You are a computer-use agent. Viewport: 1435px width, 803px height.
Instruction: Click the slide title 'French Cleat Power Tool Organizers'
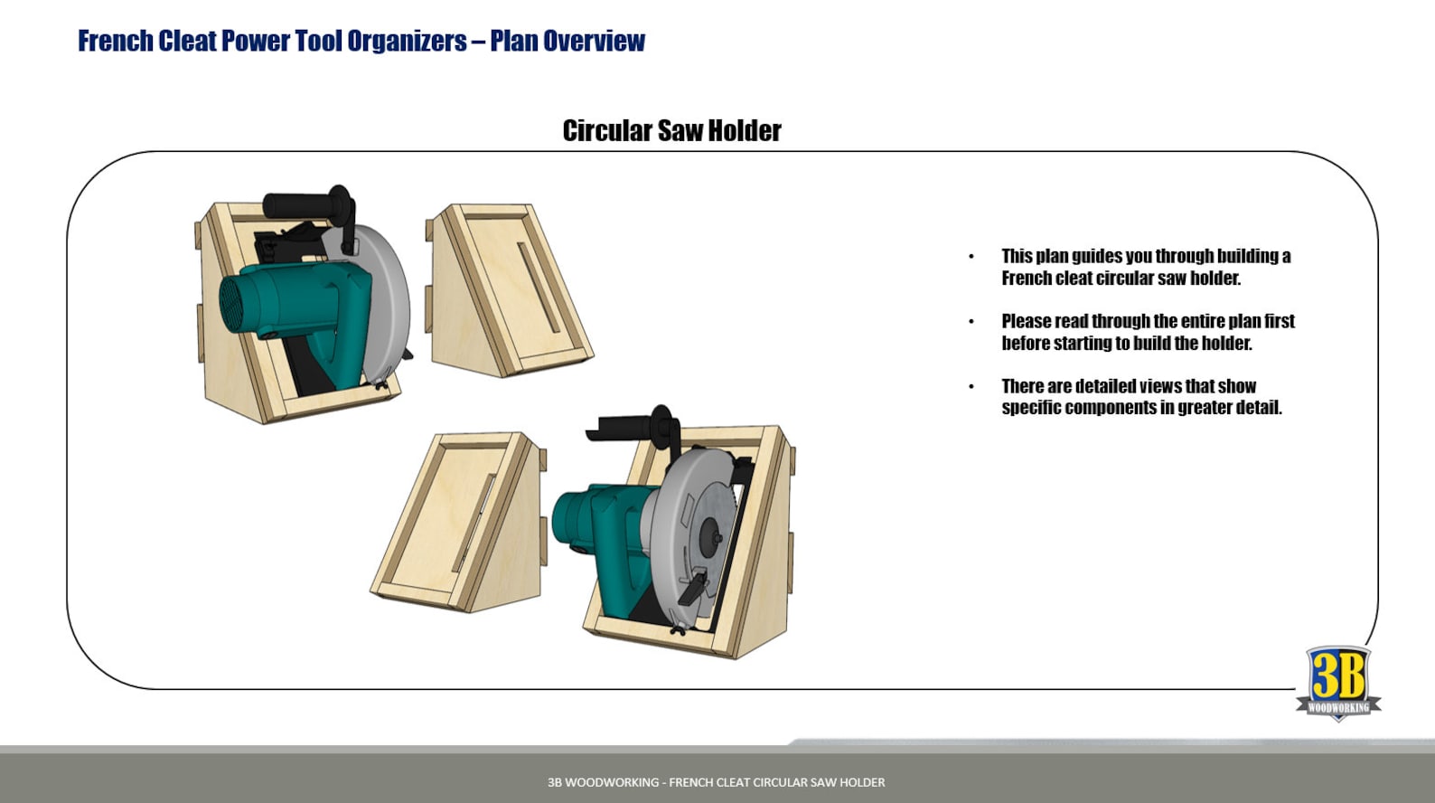point(272,41)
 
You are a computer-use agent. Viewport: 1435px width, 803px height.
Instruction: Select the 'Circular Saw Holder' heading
point(671,131)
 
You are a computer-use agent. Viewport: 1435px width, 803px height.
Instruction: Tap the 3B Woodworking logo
point(1338,683)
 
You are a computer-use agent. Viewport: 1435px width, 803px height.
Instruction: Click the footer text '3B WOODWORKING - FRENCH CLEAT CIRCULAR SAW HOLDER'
point(716,782)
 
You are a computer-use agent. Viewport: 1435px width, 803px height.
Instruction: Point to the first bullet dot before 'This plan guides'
point(971,257)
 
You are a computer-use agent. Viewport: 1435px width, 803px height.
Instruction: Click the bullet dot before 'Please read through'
point(971,322)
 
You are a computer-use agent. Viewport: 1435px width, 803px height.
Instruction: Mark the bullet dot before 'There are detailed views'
point(971,387)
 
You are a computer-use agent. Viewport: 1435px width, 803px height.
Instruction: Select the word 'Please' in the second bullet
point(1026,321)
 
